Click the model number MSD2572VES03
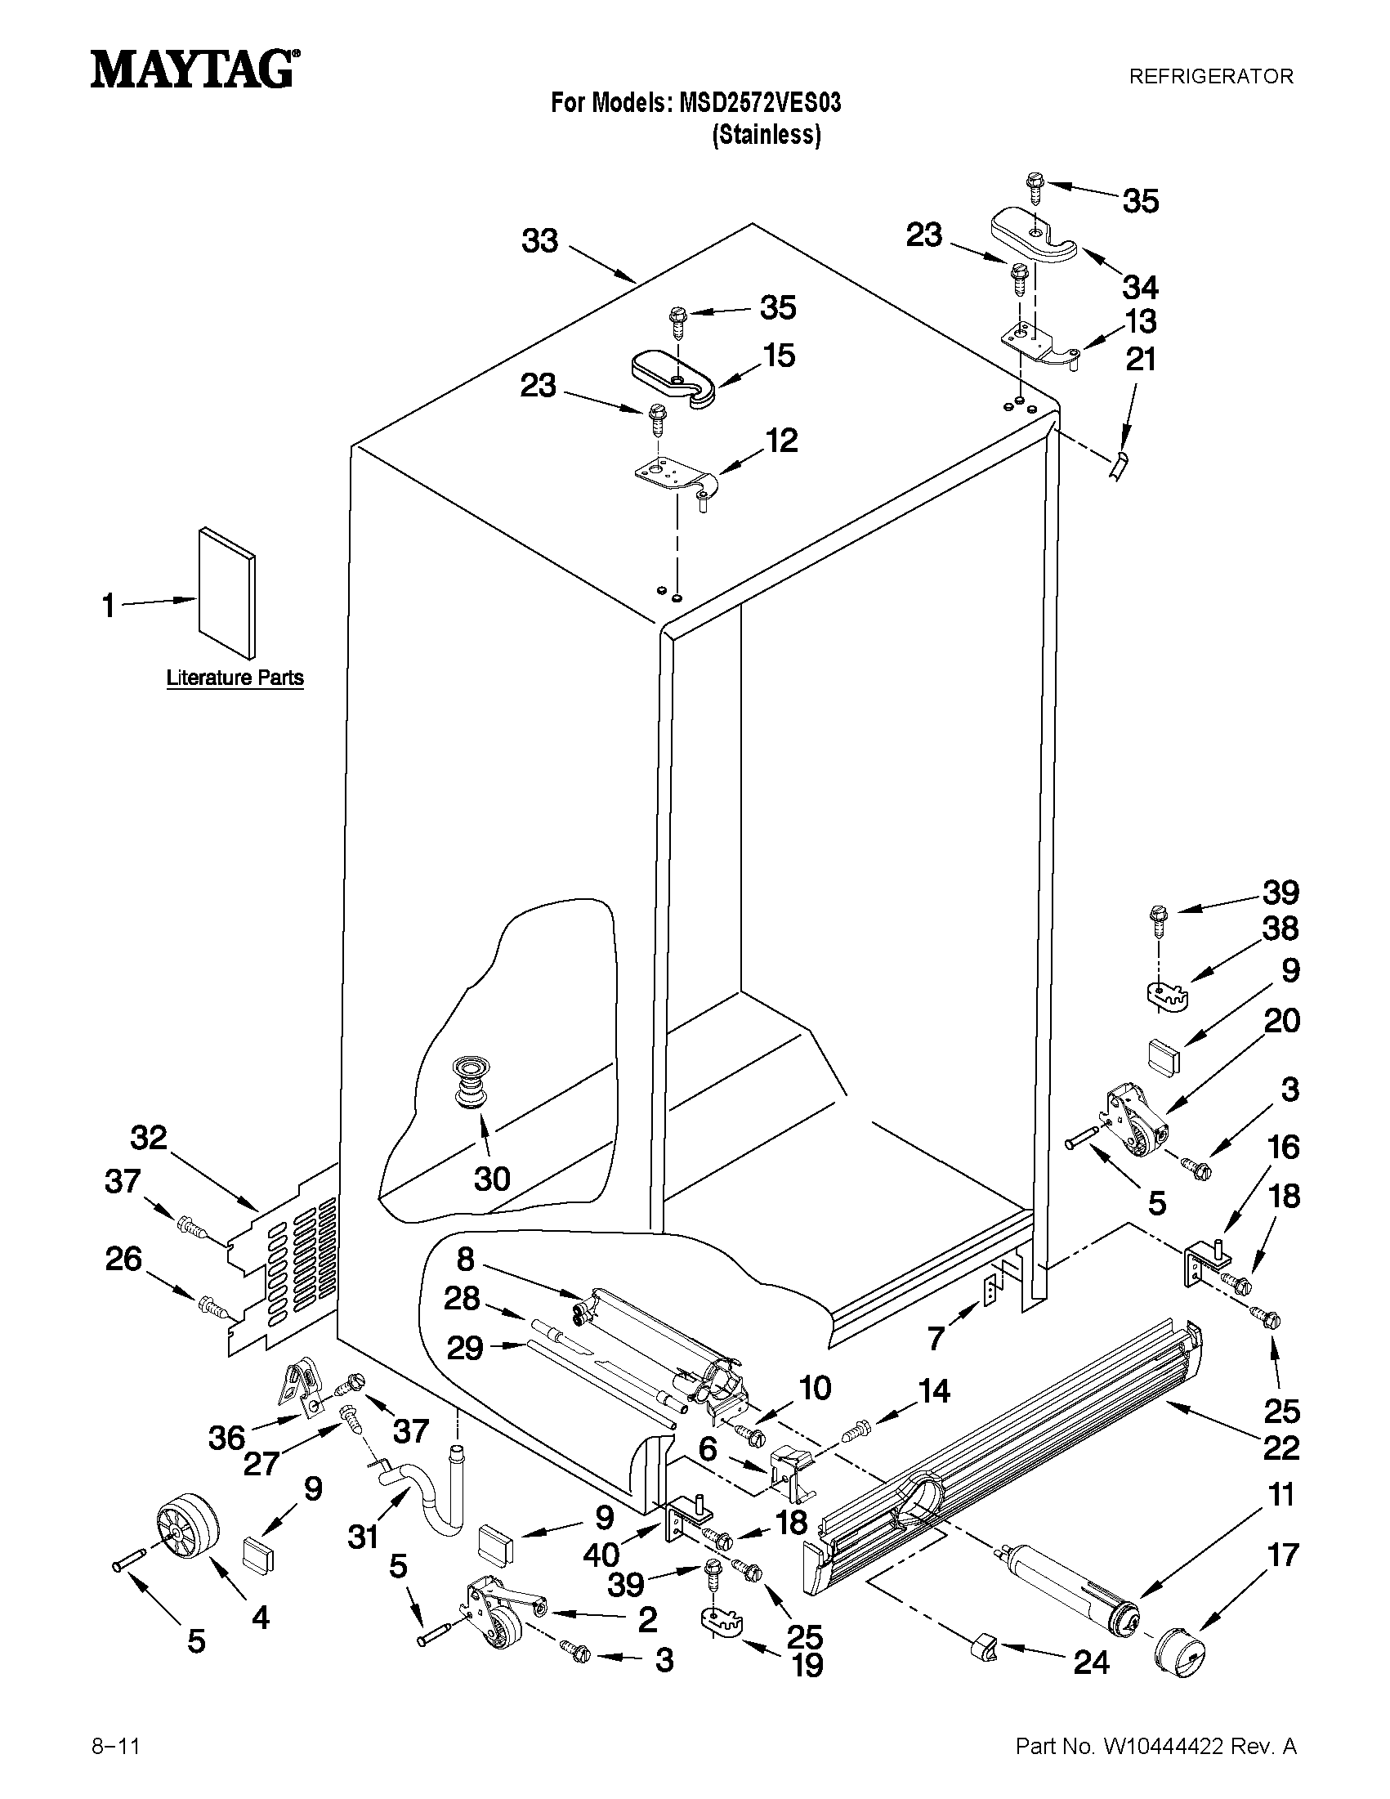point(759,103)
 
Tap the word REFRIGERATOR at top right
point(1210,77)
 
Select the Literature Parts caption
point(235,678)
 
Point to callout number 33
point(540,241)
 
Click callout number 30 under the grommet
point(492,1179)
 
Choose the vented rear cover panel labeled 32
point(284,1260)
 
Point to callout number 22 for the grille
point(1281,1448)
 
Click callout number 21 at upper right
point(1141,359)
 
